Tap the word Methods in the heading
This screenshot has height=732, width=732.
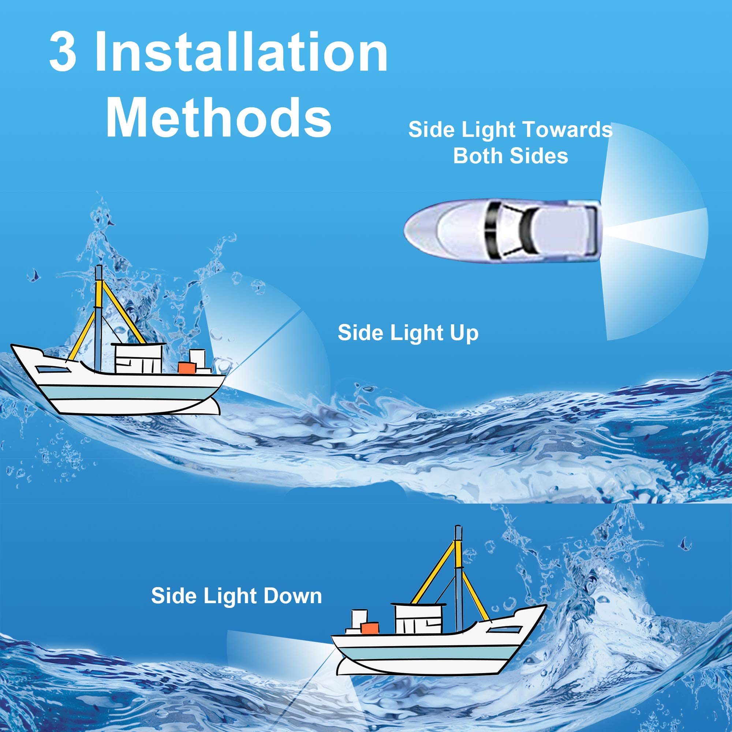tap(219, 117)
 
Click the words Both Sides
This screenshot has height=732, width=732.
tap(510, 156)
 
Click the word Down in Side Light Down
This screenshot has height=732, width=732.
tap(292, 595)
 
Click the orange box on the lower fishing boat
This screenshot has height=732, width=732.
tap(370, 628)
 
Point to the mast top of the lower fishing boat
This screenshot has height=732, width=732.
tap(458, 529)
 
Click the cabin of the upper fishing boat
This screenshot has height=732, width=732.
tap(138, 358)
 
